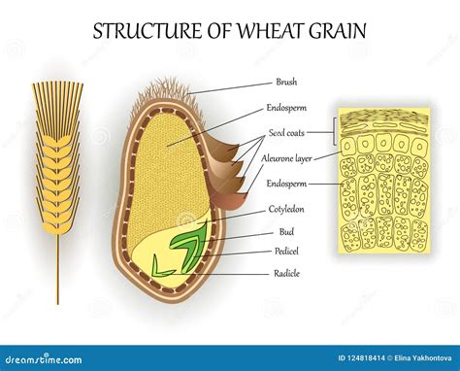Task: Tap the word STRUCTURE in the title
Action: (x=138, y=29)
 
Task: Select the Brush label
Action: (x=287, y=84)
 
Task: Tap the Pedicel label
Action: (x=287, y=252)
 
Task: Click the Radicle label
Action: (x=288, y=274)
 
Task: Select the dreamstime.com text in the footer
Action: (x=43, y=358)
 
